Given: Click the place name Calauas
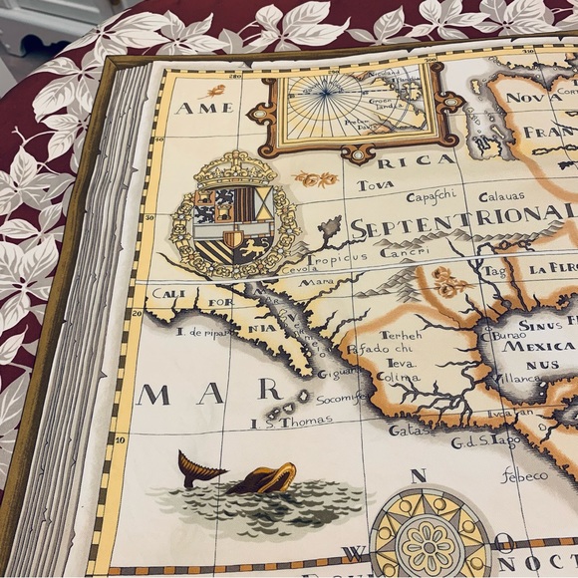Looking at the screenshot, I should tap(500, 196).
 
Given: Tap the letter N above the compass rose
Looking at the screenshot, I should tap(419, 475).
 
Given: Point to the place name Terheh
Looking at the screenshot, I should tap(401, 335).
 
